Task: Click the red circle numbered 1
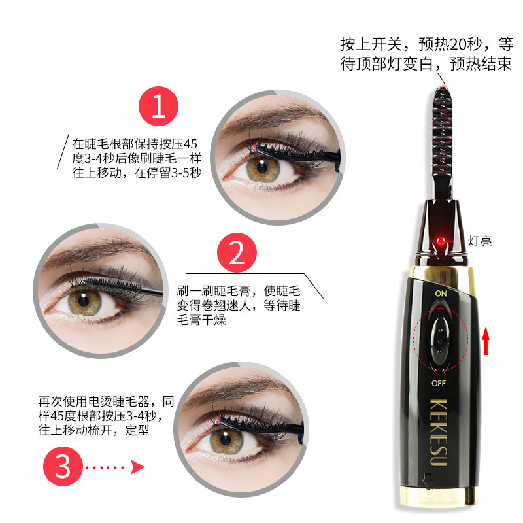click(158, 106)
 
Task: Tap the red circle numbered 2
click(237, 252)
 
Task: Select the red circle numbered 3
click(63, 466)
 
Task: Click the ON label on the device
click(441, 294)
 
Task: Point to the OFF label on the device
click(439, 383)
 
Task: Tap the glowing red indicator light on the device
click(441, 241)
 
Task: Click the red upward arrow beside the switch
click(486, 341)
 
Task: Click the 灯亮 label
click(480, 241)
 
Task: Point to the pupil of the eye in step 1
click(263, 167)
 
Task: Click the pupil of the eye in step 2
click(84, 301)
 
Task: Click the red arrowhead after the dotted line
click(137, 467)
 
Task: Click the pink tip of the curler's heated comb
click(443, 87)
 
